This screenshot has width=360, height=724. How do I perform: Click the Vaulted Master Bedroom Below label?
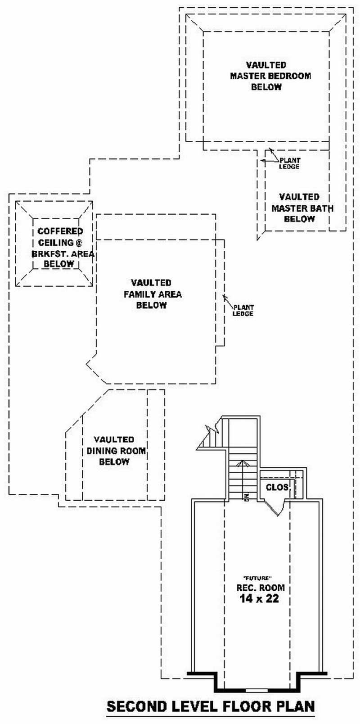[x=270, y=76]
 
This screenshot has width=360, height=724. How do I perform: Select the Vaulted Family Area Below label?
[x=152, y=294]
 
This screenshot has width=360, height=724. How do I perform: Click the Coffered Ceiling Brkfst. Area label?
[x=60, y=248]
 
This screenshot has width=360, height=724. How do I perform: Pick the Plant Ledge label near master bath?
[x=289, y=163]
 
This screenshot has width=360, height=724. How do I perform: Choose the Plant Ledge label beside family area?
[x=243, y=311]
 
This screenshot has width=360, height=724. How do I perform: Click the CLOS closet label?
[x=277, y=487]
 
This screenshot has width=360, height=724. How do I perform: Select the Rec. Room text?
[x=260, y=588]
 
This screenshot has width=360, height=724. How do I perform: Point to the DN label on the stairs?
[x=247, y=497]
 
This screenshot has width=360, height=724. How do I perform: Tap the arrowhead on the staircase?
[x=243, y=462]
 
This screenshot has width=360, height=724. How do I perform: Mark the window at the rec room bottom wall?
[x=256, y=690]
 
